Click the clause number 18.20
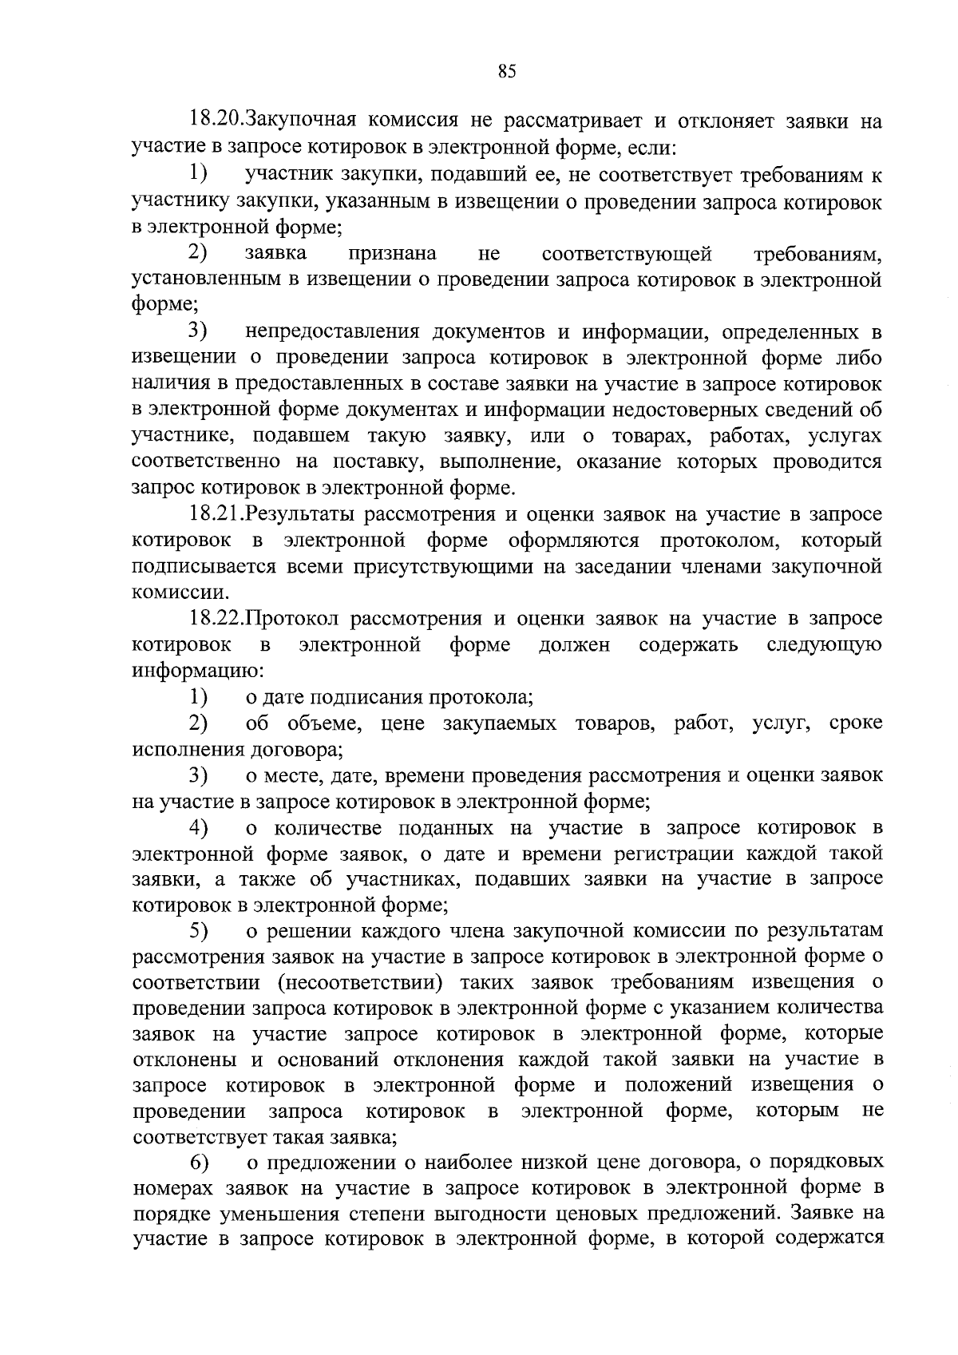(x=216, y=122)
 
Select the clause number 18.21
(x=216, y=515)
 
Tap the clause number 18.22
(x=216, y=619)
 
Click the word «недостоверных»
(x=691, y=410)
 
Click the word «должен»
(x=574, y=644)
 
